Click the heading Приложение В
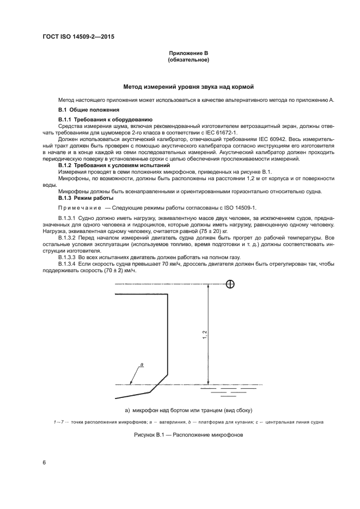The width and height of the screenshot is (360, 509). [x=188, y=53]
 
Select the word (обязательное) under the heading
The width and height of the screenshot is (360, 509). [x=188, y=60]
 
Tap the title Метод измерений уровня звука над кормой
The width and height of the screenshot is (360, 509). [x=188, y=87]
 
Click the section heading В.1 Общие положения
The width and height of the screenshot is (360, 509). [x=86, y=110]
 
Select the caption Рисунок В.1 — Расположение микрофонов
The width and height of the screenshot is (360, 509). [x=188, y=435]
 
